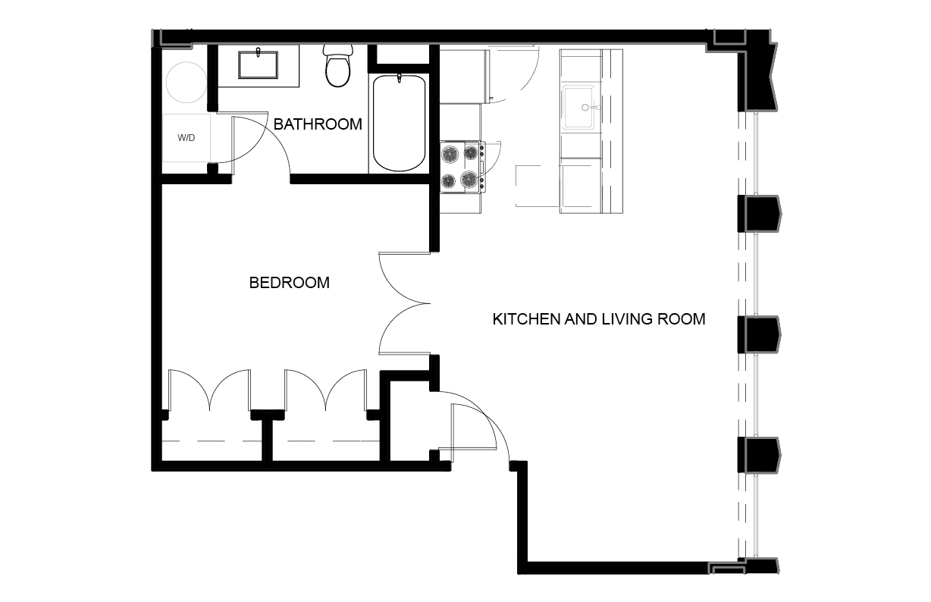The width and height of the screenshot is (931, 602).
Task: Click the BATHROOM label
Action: click(318, 124)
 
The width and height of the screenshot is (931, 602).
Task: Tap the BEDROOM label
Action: click(290, 283)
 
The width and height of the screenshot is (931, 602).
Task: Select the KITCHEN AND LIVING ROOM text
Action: click(599, 319)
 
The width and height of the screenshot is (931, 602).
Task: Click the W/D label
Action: click(187, 138)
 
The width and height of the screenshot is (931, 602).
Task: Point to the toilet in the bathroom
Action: click(338, 66)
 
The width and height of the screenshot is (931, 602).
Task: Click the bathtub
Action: click(399, 123)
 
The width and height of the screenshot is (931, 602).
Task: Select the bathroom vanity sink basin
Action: click(258, 65)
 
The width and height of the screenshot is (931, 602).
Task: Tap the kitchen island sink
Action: click(578, 107)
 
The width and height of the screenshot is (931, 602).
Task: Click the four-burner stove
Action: click(462, 167)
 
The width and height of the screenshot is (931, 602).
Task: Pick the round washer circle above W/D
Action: click(187, 83)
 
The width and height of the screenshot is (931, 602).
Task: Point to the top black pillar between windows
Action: click(759, 214)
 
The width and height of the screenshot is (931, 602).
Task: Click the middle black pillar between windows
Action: click(759, 334)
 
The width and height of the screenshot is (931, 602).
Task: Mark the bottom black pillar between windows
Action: click(759, 455)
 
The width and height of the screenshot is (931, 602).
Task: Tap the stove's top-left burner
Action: click(450, 155)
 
